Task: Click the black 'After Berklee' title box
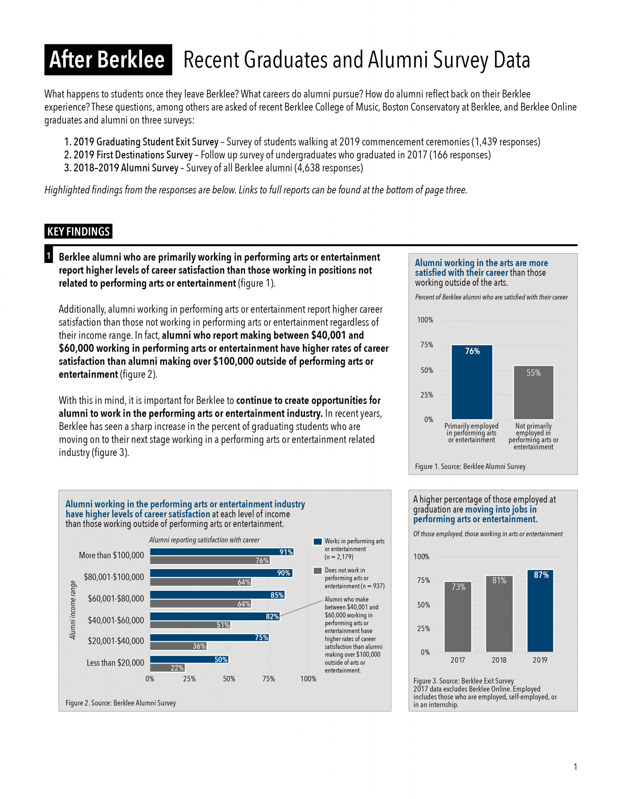pyautogui.click(x=108, y=60)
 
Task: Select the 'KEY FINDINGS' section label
pyautogui.click(x=78, y=231)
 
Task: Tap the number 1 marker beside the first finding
pyautogui.click(x=48, y=256)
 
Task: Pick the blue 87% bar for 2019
pyautogui.click(x=540, y=611)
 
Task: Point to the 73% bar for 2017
pyautogui.click(x=458, y=617)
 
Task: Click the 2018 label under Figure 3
pyautogui.click(x=499, y=660)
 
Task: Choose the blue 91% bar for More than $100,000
pyautogui.click(x=222, y=552)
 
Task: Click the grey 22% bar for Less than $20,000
pyautogui.click(x=167, y=668)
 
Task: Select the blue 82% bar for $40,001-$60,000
pyautogui.click(x=215, y=616)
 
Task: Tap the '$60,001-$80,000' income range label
pyautogui.click(x=116, y=598)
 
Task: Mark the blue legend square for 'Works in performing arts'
pyautogui.click(x=318, y=542)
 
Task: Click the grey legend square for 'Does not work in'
pyautogui.click(x=318, y=570)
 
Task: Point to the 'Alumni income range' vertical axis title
pyautogui.click(x=73, y=610)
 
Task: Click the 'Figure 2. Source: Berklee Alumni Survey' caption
pyautogui.click(x=121, y=703)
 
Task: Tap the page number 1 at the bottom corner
pyautogui.click(x=575, y=767)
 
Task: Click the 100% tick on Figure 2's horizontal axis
pyautogui.click(x=308, y=679)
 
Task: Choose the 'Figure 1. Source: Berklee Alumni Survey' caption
pyautogui.click(x=470, y=466)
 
